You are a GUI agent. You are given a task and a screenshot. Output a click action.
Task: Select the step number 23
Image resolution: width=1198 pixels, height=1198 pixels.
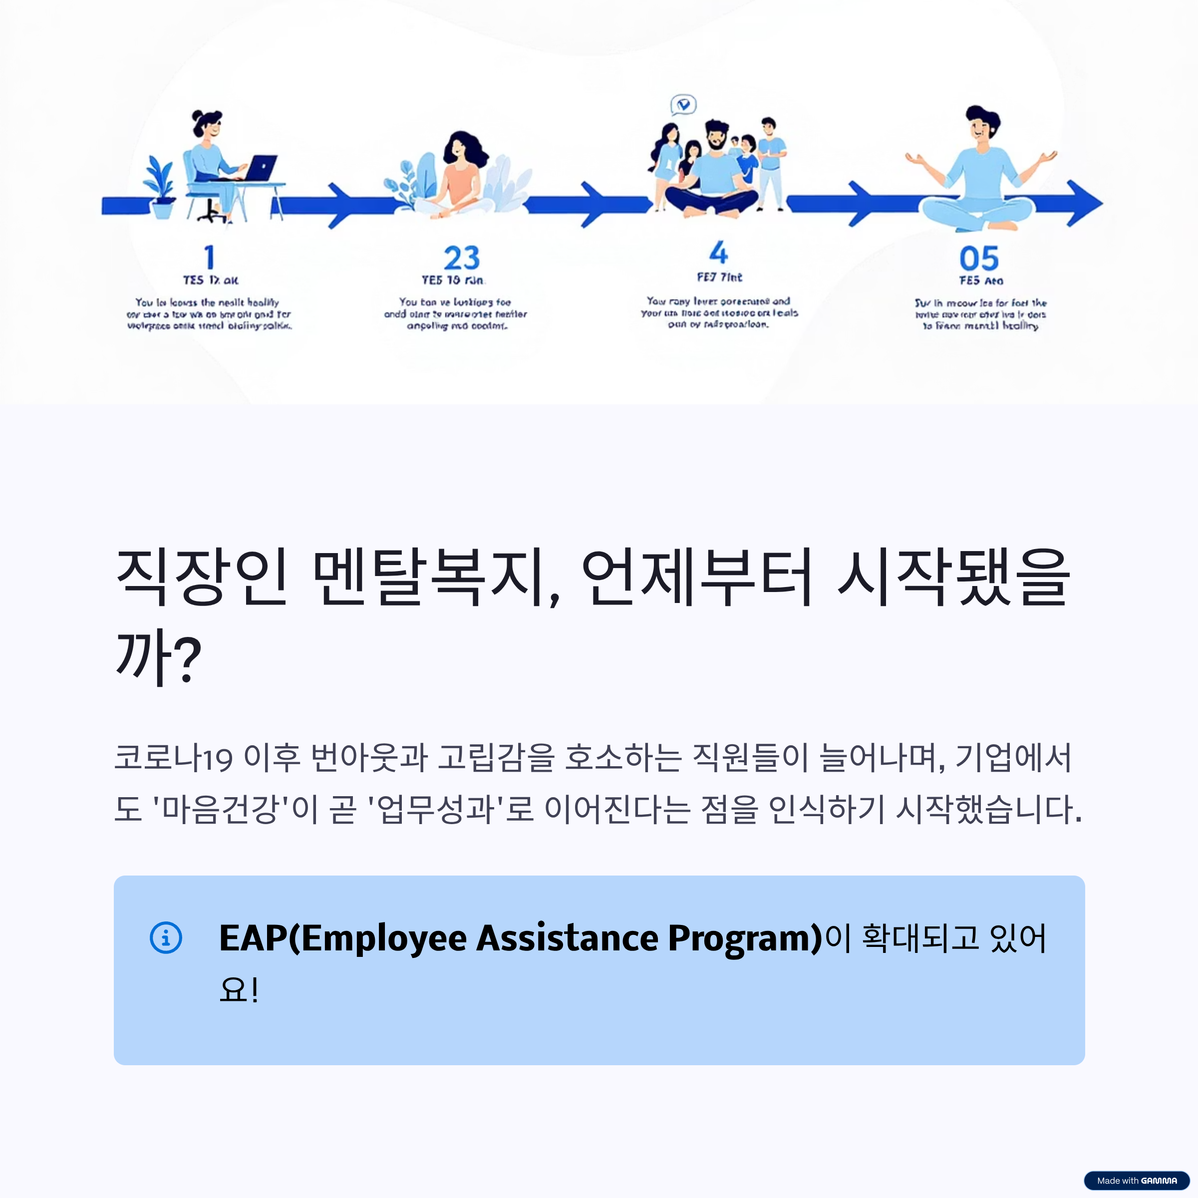[461, 258]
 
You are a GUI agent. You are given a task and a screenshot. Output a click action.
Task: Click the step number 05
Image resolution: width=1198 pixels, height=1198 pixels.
[978, 259]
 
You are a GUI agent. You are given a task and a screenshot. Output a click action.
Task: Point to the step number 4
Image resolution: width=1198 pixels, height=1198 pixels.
[718, 253]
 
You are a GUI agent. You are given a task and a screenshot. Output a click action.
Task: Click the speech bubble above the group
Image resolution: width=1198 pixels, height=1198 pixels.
[683, 105]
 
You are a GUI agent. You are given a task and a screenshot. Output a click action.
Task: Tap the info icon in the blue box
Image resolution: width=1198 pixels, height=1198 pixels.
[166, 937]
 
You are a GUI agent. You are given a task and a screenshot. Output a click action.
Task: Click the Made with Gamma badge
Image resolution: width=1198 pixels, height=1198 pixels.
[1136, 1181]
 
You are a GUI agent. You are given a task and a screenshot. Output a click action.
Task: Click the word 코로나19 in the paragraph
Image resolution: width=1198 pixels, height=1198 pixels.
[174, 758]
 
